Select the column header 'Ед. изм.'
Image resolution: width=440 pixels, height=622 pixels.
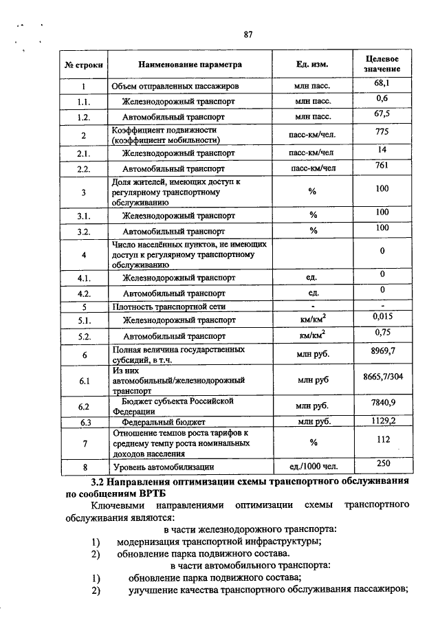[312, 65]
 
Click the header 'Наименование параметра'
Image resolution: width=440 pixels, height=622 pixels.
[190, 65]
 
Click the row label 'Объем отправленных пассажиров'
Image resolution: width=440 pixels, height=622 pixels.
[175, 87]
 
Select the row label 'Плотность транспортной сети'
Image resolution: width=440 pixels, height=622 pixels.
[169, 307]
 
